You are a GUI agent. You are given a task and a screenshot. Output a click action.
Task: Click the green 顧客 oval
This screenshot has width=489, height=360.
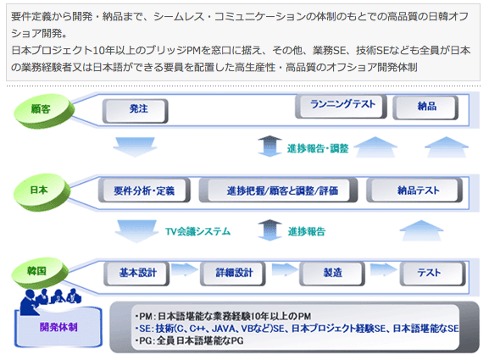click(x=44, y=111)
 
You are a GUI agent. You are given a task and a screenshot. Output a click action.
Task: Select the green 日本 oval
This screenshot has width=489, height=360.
click(x=42, y=191)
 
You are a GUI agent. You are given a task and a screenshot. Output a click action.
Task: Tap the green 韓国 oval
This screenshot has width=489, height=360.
click(x=40, y=273)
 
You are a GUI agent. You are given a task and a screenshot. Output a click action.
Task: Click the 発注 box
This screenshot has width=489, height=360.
click(x=136, y=111)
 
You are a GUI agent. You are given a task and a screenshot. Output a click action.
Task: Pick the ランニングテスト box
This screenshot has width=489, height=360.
click(x=341, y=106)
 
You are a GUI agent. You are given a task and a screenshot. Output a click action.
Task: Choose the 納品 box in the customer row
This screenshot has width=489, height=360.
click(x=425, y=108)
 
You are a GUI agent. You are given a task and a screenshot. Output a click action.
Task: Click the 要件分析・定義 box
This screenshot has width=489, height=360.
click(x=144, y=190)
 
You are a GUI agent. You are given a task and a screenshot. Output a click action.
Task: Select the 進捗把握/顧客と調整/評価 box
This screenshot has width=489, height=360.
click(x=278, y=190)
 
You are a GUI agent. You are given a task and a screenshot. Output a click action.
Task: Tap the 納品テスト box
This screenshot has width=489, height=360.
click(x=414, y=190)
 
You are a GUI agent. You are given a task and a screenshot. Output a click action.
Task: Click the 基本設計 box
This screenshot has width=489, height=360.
click(x=136, y=274)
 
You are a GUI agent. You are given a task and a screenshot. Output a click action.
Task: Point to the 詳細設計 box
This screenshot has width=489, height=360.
click(x=233, y=274)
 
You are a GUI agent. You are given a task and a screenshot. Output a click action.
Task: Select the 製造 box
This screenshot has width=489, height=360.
click(x=332, y=274)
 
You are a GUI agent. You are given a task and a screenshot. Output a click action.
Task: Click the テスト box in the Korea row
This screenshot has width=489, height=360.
click(x=432, y=274)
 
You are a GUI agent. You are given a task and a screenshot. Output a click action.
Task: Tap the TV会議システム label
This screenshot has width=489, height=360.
click(x=197, y=231)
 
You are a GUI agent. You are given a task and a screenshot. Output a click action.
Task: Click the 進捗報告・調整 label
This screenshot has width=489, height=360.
click(x=318, y=149)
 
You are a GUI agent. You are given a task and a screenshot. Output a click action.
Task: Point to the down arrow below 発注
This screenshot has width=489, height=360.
click(x=135, y=147)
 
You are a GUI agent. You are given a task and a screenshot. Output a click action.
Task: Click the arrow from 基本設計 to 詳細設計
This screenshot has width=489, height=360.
click(x=185, y=269)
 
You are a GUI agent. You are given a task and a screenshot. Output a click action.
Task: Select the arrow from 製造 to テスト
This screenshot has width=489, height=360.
click(x=383, y=269)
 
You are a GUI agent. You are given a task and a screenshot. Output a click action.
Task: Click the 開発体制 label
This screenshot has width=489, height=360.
click(x=58, y=327)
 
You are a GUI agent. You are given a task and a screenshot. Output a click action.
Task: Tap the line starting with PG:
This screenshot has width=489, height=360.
click(x=190, y=341)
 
